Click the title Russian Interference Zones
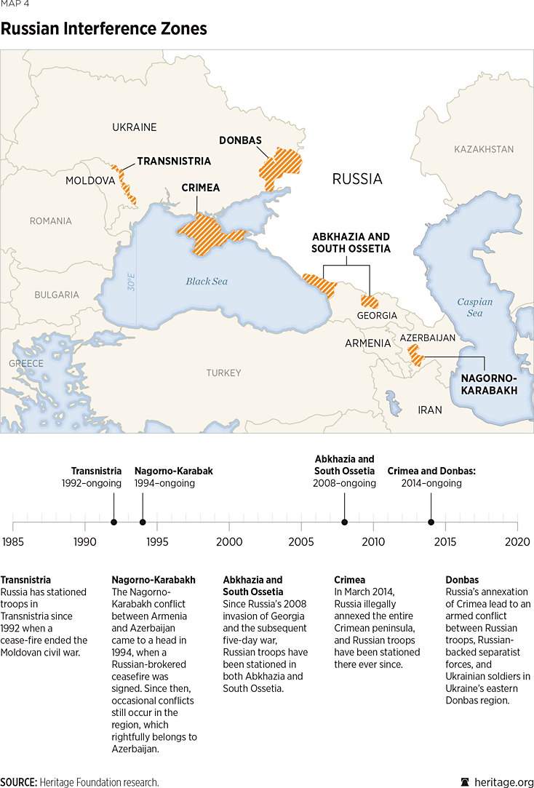(104, 29)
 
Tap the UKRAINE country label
(134, 127)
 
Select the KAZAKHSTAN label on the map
(484, 149)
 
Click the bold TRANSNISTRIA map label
(174, 161)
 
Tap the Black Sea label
(207, 281)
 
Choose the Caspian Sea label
(474, 307)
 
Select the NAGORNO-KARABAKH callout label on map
(489, 384)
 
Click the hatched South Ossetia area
(370, 301)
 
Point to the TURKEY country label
(223, 373)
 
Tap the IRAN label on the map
(430, 410)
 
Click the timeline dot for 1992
(113, 522)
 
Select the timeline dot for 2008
(344, 522)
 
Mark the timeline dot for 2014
(431, 522)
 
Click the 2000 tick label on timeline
(229, 542)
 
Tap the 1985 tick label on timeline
(13, 542)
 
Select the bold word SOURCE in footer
(19, 781)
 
